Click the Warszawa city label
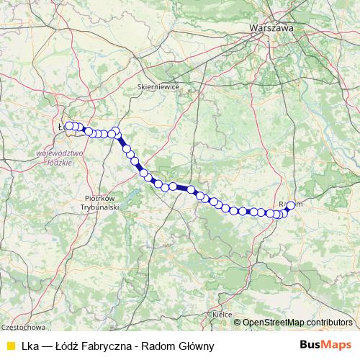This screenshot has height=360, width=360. (271, 28)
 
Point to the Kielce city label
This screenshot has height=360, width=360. (222, 315)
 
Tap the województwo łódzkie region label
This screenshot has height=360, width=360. (59, 158)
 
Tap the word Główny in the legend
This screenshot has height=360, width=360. (194, 346)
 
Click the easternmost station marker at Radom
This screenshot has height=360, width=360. (290, 205)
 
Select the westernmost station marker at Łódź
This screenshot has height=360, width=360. (69, 126)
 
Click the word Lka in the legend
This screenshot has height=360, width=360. (30, 346)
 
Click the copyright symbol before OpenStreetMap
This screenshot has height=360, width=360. (238, 323)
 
